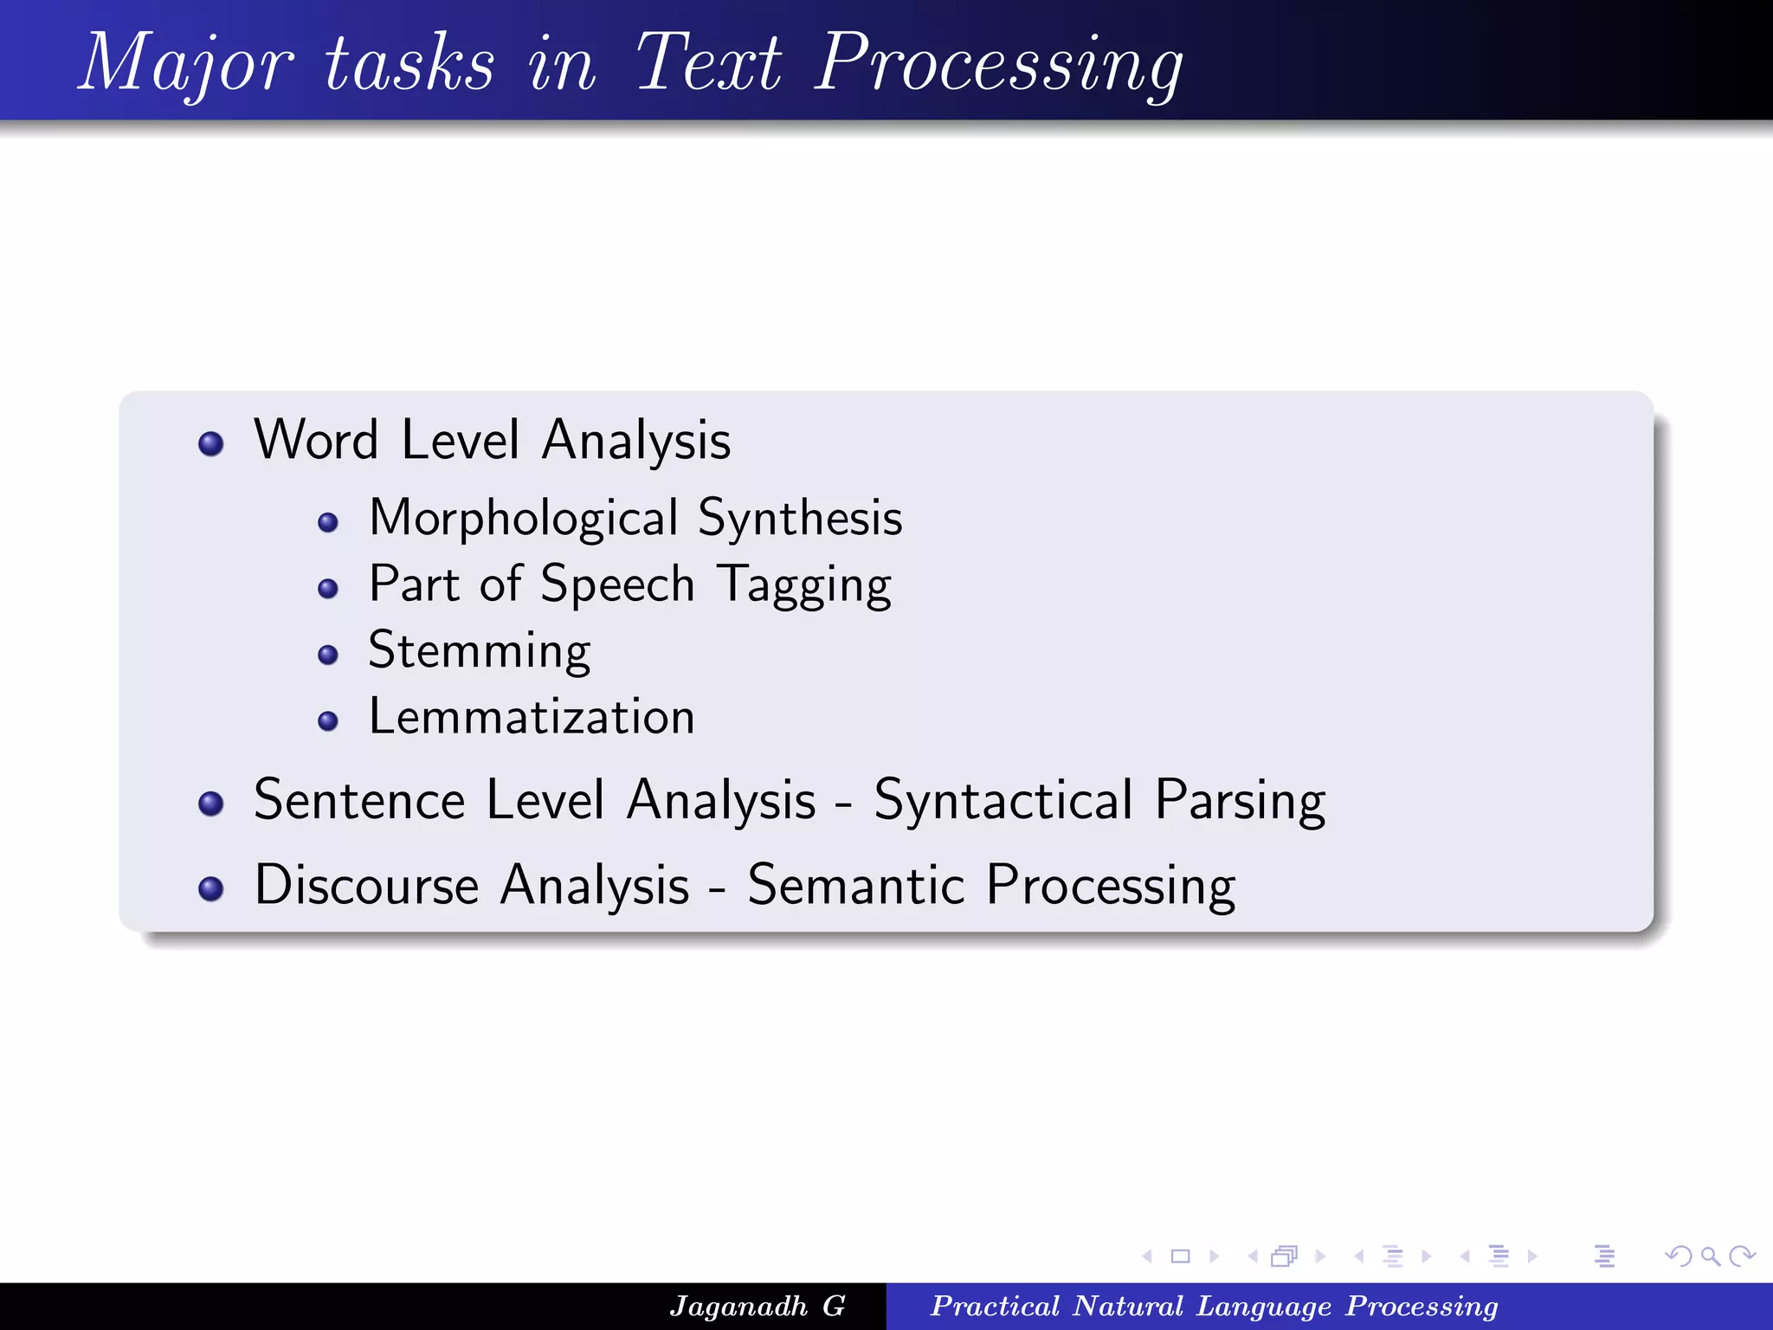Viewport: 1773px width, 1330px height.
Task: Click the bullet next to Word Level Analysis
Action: coord(210,444)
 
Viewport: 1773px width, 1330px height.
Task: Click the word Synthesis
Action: coord(800,518)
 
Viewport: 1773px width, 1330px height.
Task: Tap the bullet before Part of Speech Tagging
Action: coord(327,589)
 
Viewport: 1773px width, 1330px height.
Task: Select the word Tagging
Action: coord(804,585)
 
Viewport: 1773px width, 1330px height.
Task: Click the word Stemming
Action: coord(480,651)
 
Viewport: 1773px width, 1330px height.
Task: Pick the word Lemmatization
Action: coord(532,717)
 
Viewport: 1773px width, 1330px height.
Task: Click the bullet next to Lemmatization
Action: coord(327,720)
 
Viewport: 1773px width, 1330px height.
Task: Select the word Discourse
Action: coord(366,885)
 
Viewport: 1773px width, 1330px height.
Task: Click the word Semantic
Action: coord(855,885)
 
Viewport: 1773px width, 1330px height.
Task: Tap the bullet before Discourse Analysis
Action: coord(210,888)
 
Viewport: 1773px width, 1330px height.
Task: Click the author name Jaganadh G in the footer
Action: coord(757,1306)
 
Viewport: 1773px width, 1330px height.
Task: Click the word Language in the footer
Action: coord(1264,1306)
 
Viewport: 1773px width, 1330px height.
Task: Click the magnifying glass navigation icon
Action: coord(1710,1256)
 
